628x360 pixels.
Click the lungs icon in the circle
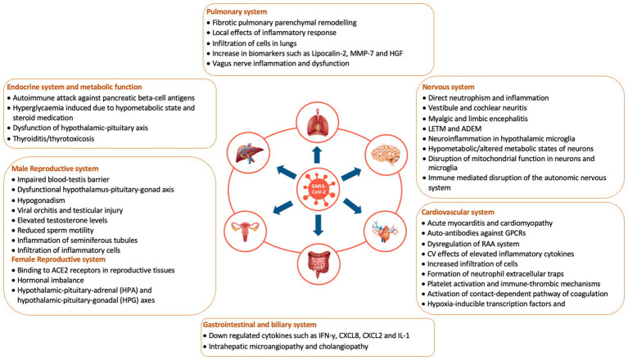(314, 124)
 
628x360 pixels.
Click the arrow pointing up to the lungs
(314, 153)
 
